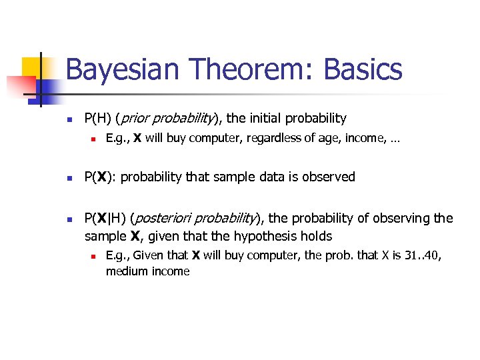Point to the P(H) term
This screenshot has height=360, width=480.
[x=98, y=119]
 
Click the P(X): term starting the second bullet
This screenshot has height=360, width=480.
[x=101, y=177]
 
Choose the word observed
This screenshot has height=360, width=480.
[x=329, y=177]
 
